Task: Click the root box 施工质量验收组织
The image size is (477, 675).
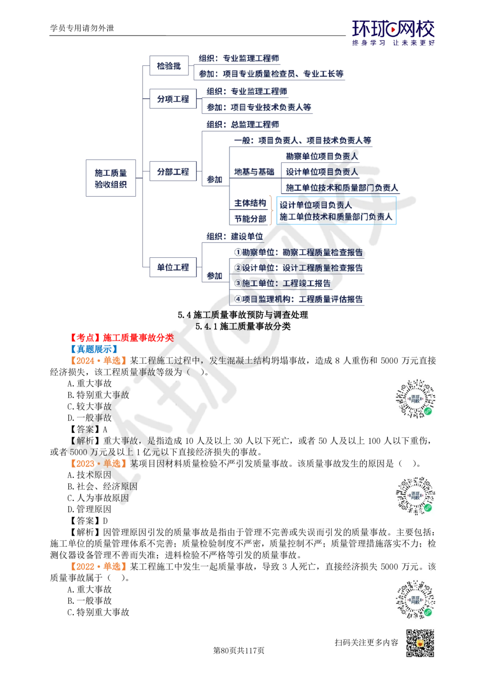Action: pyautogui.click(x=111, y=178)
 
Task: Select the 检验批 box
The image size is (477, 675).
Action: pyautogui.click(x=169, y=66)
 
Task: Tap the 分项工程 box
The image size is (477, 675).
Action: pyautogui.click(x=173, y=99)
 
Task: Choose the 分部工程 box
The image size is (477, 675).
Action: pyautogui.click(x=173, y=172)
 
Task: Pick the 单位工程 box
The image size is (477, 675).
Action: pyautogui.click(x=173, y=267)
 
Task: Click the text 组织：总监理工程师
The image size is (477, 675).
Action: pyautogui.click(x=243, y=125)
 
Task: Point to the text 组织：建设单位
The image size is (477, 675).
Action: pyautogui.click(x=235, y=236)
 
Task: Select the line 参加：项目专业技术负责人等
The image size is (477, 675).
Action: pyautogui.click(x=259, y=108)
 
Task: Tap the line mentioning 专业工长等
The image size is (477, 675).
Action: pyautogui.click(x=270, y=74)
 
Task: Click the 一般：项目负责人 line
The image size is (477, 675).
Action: pyautogui.click(x=303, y=140)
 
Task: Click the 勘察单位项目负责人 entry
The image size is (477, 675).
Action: pyautogui.click(x=321, y=156)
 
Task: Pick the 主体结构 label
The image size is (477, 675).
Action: pyautogui.click(x=249, y=203)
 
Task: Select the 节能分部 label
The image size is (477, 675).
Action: pyautogui.click(x=249, y=219)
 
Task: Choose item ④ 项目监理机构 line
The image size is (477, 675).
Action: pyautogui.click(x=299, y=299)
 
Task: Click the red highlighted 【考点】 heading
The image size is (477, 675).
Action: pyautogui.click(x=122, y=337)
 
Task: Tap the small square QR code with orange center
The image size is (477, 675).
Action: pyautogui.click(x=420, y=643)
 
